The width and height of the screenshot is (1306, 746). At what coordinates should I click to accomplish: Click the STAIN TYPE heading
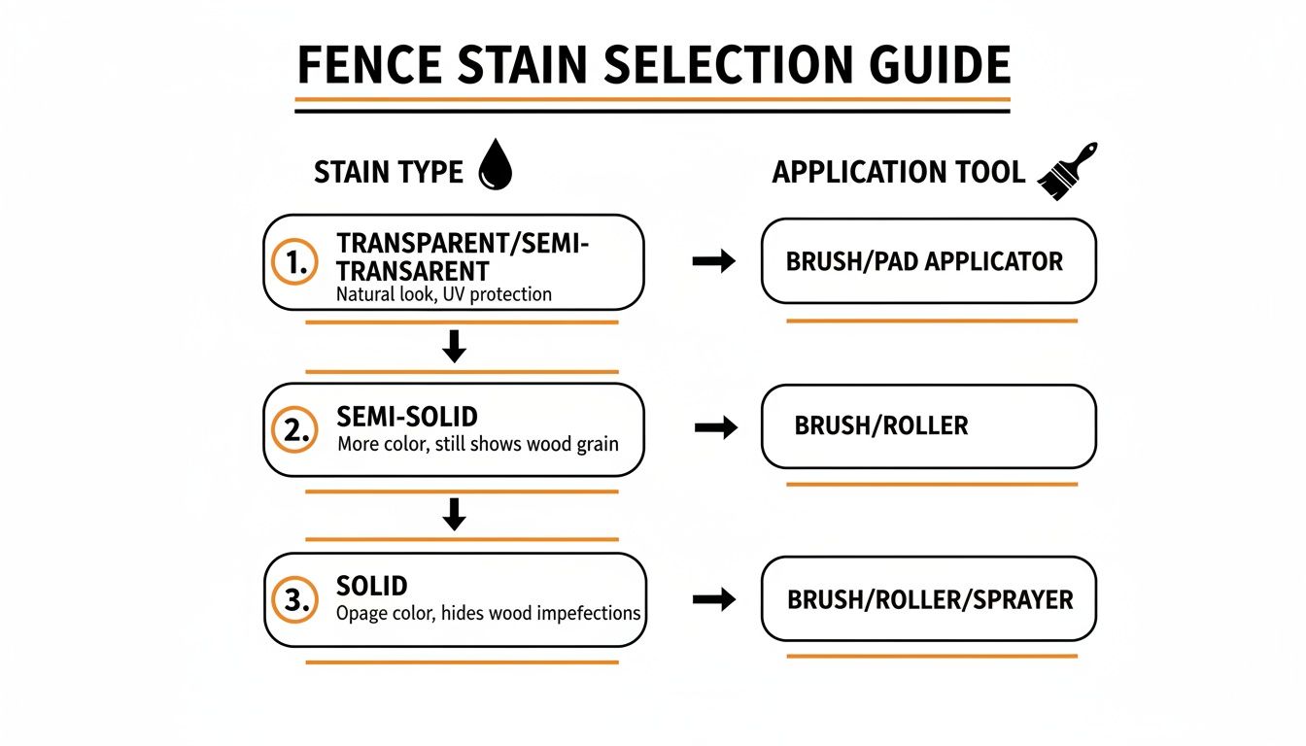(x=388, y=173)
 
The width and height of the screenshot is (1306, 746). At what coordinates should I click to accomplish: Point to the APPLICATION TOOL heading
(x=898, y=173)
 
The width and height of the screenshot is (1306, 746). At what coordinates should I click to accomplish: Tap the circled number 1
(x=293, y=261)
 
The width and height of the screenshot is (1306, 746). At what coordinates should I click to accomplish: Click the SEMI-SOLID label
(x=407, y=417)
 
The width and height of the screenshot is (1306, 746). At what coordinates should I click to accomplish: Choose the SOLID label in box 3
(x=371, y=586)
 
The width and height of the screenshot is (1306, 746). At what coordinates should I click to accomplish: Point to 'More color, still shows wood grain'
(x=477, y=445)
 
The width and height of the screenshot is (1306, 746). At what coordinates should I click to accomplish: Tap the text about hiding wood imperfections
(x=488, y=613)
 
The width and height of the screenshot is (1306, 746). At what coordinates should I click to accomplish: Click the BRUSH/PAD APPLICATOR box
(x=928, y=261)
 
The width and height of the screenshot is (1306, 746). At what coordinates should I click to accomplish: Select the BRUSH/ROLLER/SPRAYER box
(x=928, y=598)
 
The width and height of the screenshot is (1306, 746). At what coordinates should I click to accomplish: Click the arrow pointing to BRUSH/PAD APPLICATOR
(x=714, y=261)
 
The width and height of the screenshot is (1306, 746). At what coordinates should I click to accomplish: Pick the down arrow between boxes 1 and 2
(x=454, y=347)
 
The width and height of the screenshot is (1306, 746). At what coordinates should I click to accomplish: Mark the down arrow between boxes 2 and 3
(x=454, y=515)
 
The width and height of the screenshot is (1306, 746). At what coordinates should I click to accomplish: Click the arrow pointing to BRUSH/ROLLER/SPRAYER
(x=714, y=599)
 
